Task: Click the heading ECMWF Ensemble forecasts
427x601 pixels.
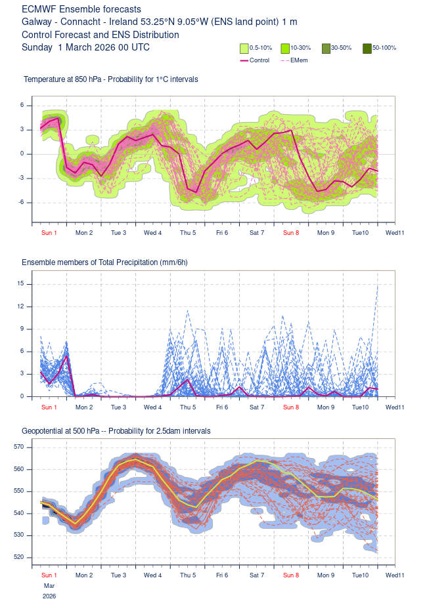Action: coord(81,10)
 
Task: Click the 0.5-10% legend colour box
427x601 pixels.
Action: coord(244,48)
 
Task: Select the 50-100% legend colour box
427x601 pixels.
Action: coord(367,48)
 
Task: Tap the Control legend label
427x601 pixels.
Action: coord(259,60)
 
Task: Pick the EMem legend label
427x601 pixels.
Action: coord(299,60)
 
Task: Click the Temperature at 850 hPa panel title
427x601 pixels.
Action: coord(111,79)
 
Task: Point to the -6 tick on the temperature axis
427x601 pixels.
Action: coord(22,202)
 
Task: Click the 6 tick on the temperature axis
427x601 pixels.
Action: coord(22,105)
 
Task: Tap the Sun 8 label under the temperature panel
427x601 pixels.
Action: coord(291,232)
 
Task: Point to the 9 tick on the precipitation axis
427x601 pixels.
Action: coord(22,329)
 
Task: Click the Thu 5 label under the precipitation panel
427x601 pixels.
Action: coord(188,407)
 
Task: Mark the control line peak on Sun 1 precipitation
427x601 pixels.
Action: coord(67,356)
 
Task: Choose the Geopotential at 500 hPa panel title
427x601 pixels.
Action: coord(116,431)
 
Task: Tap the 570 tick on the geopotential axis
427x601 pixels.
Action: coord(18,447)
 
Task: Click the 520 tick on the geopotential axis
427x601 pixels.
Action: coord(18,557)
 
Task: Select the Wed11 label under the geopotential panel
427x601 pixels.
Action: coord(395,575)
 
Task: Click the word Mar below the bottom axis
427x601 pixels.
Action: coord(49,585)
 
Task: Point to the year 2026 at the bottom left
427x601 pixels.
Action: coord(49,596)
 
